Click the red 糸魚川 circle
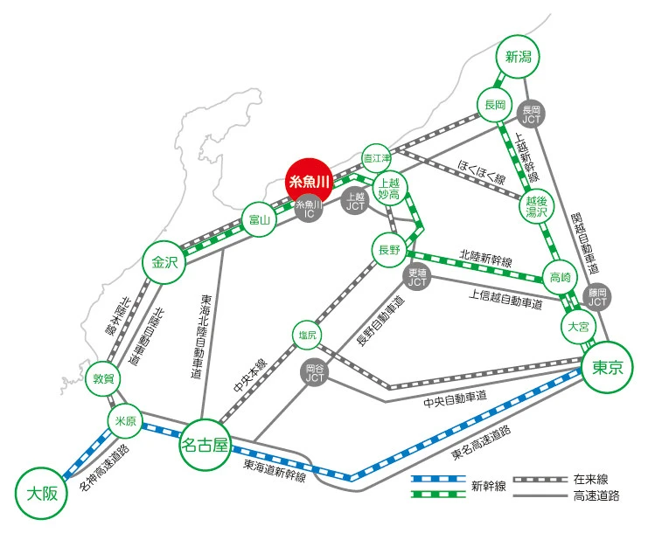click(309, 182)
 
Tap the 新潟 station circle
click(519, 57)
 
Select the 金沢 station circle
click(164, 262)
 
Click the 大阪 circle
click(42, 494)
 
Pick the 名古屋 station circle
click(205, 445)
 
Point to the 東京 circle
click(607, 367)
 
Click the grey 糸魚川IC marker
click(309, 209)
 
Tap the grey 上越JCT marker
click(355, 202)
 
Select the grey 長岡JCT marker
click(531, 114)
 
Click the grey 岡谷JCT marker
click(315, 373)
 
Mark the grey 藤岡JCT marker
click(597, 297)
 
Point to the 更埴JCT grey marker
click(417, 278)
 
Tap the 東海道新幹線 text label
click(275, 470)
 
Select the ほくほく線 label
click(482, 171)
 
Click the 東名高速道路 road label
click(482, 443)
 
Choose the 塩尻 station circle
click(308, 335)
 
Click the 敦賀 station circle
click(103, 378)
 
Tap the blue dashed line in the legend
click(438, 479)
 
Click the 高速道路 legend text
click(596, 495)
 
